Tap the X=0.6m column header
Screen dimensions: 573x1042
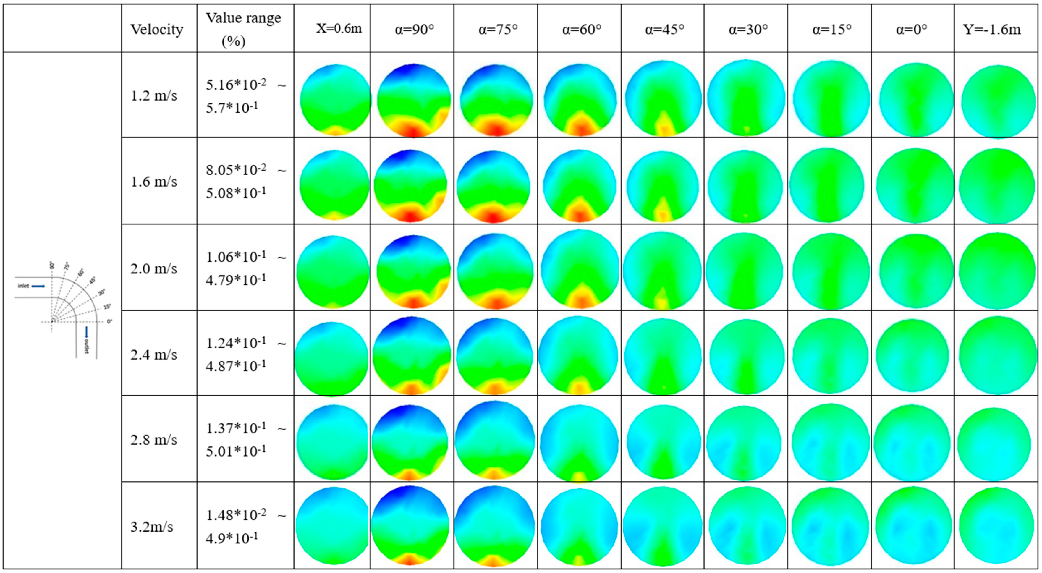[x=339, y=29]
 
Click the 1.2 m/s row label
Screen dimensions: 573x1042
[x=154, y=96]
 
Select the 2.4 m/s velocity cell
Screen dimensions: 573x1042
[x=154, y=355]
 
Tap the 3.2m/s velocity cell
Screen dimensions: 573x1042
[x=152, y=527]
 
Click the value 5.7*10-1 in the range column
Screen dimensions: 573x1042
[x=232, y=108]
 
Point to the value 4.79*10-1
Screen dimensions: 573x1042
[x=236, y=279]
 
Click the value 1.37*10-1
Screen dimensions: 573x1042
[x=236, y=428]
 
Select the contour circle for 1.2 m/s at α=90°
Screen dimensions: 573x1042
[x=414, y=100]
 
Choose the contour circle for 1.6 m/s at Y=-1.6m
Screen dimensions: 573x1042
[x=996, y=186]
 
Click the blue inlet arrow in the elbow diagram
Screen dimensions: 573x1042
[x=38, y=286]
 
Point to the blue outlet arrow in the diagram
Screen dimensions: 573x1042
[x=86, y=332]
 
